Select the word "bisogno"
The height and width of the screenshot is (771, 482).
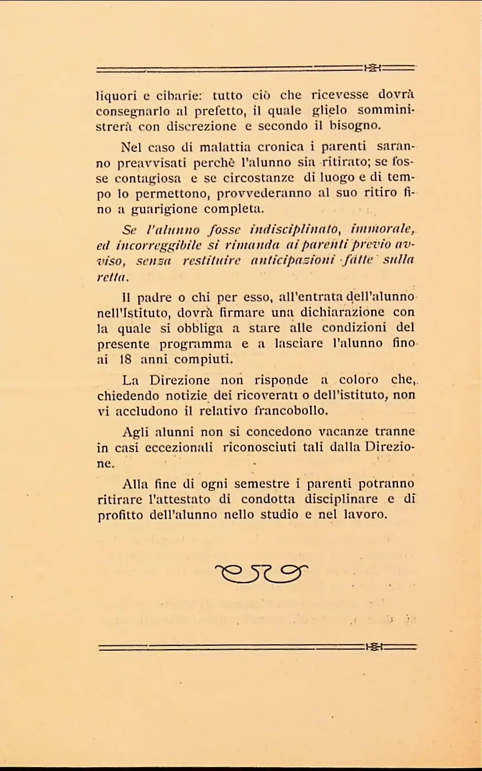pos(355,126)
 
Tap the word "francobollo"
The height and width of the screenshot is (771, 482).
pos(291,411)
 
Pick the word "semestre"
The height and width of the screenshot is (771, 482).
pos(261,484)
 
